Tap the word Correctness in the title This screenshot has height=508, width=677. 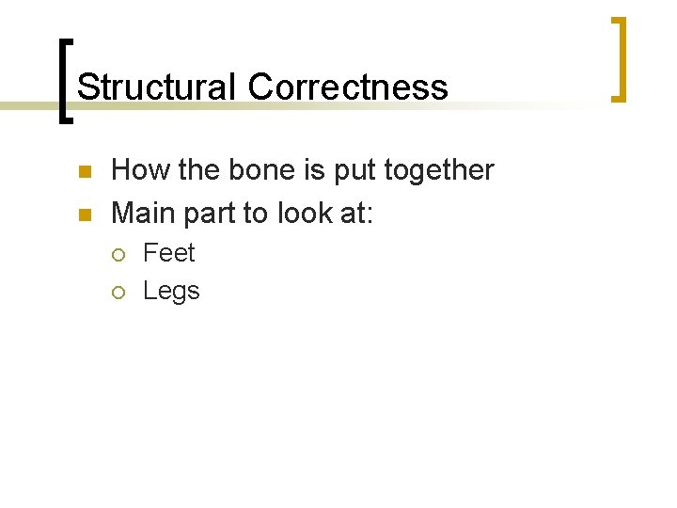348,87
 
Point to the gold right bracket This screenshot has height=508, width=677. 619,58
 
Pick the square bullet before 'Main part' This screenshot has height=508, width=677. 83,215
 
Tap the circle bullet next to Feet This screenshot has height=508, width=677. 118,254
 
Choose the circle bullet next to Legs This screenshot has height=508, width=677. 118,292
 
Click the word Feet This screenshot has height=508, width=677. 169,253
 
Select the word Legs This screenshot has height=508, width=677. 171,292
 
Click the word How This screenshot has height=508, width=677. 135,170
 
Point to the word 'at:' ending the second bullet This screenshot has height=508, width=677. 357,214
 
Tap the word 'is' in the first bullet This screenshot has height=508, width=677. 300,170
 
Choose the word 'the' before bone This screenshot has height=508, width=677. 187,170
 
